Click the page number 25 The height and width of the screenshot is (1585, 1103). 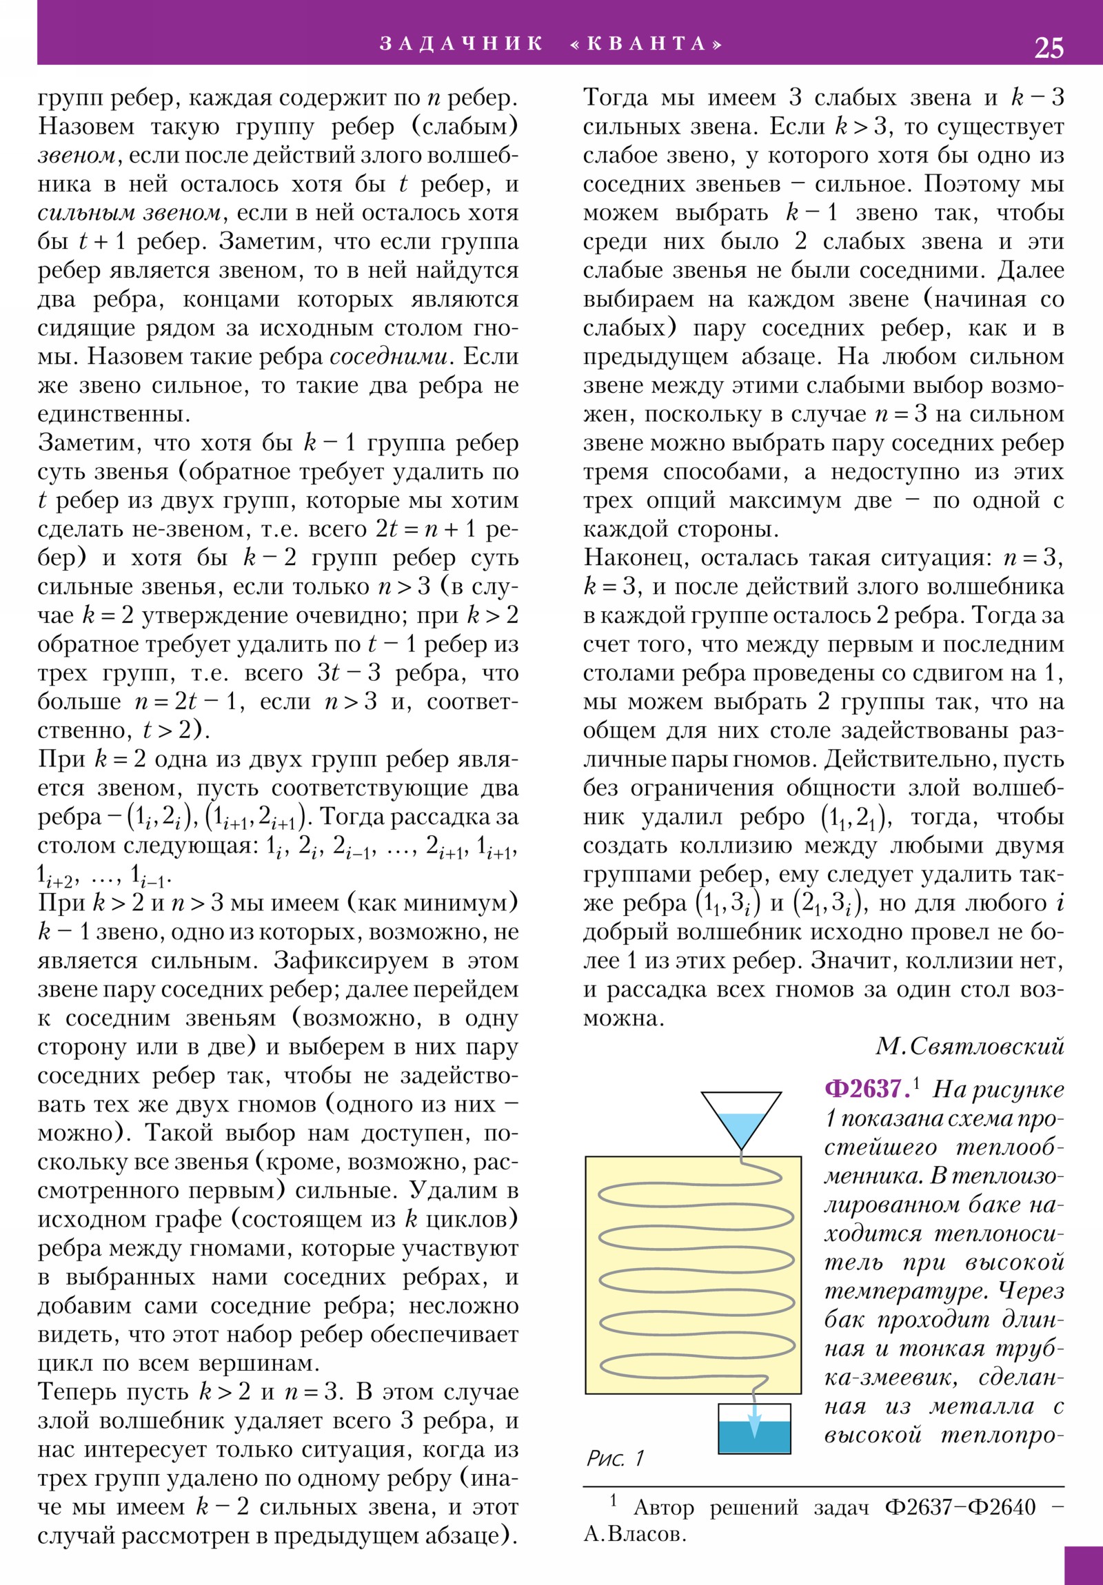click(1049, 47)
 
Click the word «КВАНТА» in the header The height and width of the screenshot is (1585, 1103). click(647, 43)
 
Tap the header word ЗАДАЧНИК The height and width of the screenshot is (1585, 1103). click(461, 43)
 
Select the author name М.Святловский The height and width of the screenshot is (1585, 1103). click(969, 1047)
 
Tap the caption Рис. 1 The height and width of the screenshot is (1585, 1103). click(615, 1458)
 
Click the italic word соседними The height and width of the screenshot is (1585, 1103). click(389, 357)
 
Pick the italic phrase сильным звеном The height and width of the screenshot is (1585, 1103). click(129, 213)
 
